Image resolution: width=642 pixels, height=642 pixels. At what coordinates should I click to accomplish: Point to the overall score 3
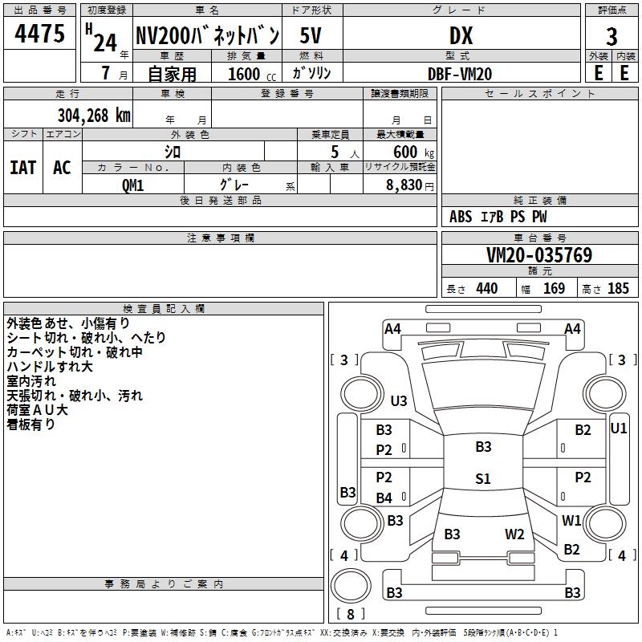[612, 36]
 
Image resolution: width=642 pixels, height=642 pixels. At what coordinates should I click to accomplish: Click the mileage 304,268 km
[94, 115]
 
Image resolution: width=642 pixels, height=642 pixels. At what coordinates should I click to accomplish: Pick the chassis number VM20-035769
[539, 256]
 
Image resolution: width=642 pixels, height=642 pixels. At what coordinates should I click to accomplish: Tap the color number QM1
[132, 184]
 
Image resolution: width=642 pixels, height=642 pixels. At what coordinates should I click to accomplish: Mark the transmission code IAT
[22, 168]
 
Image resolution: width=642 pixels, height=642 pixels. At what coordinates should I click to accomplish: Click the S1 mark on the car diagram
[482, 479]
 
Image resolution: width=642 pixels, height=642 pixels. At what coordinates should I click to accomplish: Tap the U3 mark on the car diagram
[399, 400]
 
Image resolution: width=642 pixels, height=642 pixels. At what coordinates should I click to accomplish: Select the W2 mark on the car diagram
[514, 534]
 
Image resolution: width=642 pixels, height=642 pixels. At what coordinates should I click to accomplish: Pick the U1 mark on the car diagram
[619, 429]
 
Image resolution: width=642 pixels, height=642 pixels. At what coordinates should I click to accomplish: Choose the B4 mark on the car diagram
[384, 498]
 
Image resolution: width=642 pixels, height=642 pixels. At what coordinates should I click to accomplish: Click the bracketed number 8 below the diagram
[351, 615]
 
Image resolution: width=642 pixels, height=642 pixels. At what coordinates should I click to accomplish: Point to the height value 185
[618, 289]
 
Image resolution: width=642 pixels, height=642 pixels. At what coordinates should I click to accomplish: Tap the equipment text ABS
[461, 217]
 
